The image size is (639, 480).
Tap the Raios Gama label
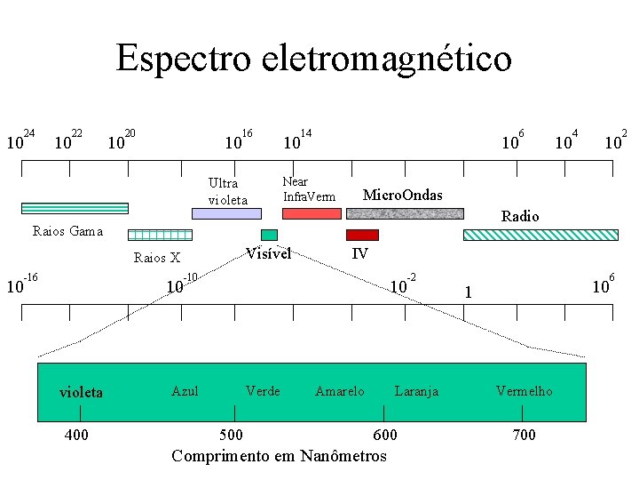pos(67,232)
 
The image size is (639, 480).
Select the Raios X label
pos(156,259)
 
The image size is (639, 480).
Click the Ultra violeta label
pos(228,191)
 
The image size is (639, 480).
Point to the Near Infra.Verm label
pos(309,189)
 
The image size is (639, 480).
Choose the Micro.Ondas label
pos(403,195)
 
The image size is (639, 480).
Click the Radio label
pos(520,216)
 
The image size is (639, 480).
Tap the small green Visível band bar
pos(269,235)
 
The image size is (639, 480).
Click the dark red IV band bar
pos(362,235)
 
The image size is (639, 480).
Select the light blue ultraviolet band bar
pos(227,213)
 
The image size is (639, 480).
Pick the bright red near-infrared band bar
pos(312,213)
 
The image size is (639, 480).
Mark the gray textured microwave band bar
pos(405,213)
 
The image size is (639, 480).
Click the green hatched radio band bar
pos(525,235)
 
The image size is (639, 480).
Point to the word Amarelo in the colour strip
pos(339,391)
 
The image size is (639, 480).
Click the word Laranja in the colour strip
pos(416,391)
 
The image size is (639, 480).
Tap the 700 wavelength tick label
pos(525,435)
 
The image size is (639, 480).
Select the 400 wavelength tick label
pos(76,435)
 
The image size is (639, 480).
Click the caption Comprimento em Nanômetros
pos(279,456)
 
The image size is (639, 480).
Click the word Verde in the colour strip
pos(263,391)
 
